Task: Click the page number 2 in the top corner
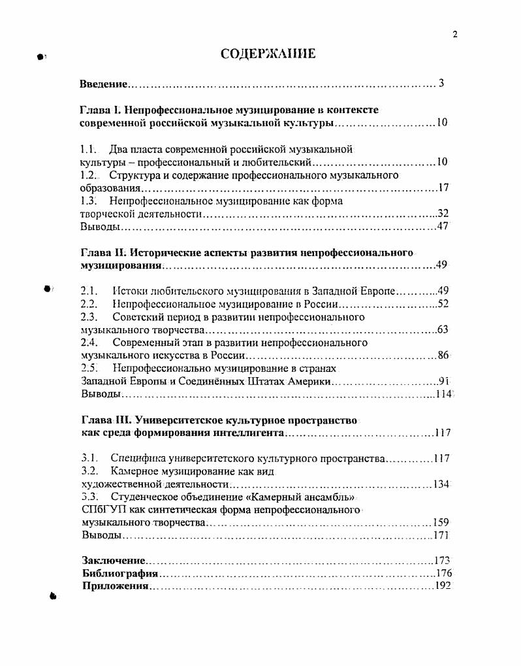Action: [454, 35]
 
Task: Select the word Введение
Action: [103, 84]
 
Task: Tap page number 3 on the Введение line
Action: [441, 83]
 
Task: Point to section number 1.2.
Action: [88, 175]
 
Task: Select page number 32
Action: [443, 214]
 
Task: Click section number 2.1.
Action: [89, 291]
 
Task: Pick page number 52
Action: [443, 304]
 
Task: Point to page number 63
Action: [443, 329]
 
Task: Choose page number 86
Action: [443, 356]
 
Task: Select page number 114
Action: [444, 394]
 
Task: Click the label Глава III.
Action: [104, 420]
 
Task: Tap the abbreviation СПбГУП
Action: [99, 510]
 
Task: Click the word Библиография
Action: [120, 573]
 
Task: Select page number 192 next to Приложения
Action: [443, 586]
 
